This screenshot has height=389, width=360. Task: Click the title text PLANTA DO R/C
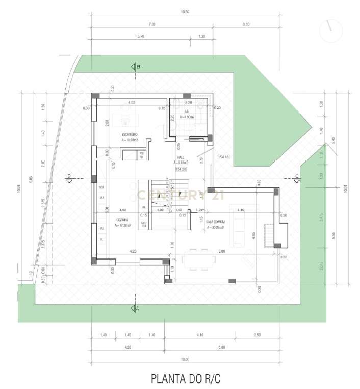coord(186,379)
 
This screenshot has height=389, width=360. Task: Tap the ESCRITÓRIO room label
coord(131,134)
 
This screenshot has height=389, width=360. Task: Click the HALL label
coord(181,157)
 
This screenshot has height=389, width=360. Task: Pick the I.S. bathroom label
coord(188,111)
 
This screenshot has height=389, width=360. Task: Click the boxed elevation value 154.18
coord(223,156)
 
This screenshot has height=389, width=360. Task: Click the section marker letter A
coord(137,308)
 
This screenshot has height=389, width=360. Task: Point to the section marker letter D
coord(68,176)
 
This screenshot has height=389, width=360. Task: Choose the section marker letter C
coord(297,176)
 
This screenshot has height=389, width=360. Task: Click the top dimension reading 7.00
coord(152,24)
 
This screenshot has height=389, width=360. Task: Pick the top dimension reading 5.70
coord(141,36)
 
